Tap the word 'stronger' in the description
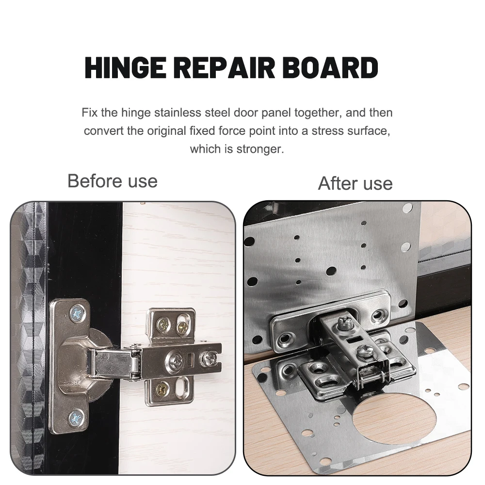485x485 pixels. click(259, 149)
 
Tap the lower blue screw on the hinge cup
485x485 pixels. click(76, 417)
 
